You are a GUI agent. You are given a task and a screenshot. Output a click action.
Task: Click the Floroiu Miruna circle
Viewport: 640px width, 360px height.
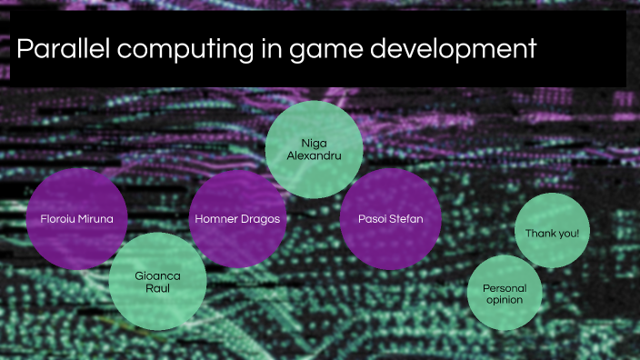tap(76, 218)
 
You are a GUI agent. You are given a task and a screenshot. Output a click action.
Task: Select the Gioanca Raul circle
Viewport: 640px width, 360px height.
tap(157, 281)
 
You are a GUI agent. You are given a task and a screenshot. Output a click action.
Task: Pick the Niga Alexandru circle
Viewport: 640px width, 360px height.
tap(314, 149)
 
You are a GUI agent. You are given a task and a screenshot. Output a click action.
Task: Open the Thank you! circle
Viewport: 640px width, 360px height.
tap(552, 233)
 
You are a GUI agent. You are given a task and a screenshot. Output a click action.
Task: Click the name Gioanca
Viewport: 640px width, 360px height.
tap(158, 274)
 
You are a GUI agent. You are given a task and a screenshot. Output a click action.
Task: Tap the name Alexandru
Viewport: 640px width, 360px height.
tap(314, 155)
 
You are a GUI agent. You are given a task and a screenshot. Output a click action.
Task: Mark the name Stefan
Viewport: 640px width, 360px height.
tap(405, 219)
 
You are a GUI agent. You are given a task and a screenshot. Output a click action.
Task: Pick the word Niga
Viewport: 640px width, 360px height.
tap(314, 143)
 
